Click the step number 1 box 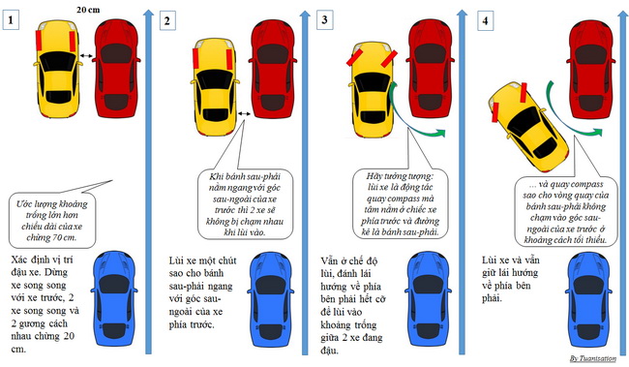[x=11, y=19]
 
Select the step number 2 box [x=167, y=20]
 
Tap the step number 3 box [x=324, y=19]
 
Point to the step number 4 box [x=485, y=20]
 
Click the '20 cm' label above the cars [x=88, y=9]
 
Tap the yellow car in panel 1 [x=58, y=69]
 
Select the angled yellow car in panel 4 [x=528, y=127]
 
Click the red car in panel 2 [x=272, y=70]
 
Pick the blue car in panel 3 [x=430, y=298]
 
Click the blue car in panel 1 [x=115, y=298]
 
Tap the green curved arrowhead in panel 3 [x=441, y=133]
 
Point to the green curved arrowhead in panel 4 [x=597, y=132]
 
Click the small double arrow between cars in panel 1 [x=85, y=56]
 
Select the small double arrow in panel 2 [x=244, y=114]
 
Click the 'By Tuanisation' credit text [x=593, y=358]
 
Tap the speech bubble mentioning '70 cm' [x=52, y=220]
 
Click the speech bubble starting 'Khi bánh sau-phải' [x=246, y=204]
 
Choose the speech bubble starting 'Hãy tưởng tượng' [x=402, y=204]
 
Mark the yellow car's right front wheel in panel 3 [x=389, y=59]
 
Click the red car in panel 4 [x=591, y=70]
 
